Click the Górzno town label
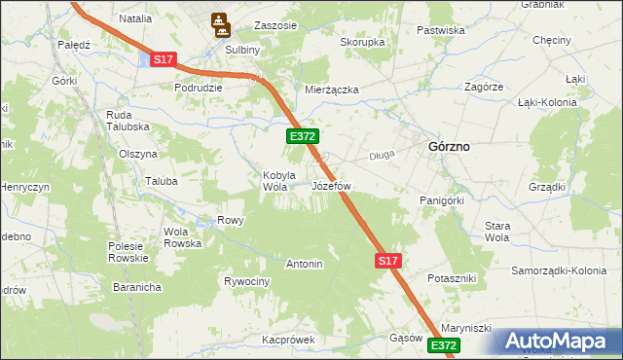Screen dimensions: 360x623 [x=449, y=146]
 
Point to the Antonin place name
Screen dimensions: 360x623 [x=304, y=264]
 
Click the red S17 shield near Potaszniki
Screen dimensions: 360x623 [x=387, y=261]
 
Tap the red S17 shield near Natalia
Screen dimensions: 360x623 [x=163, y=60]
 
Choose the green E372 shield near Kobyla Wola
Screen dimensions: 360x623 [x=300, y=138]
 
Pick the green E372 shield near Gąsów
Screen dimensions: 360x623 [x=444, y=345]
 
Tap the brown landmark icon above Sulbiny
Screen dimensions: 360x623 [x=220, y=20]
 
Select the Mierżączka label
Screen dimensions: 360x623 [x=332, y=90]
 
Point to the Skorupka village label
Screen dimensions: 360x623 [x=362, y=43]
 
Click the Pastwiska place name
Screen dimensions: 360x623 [x=440, y=30]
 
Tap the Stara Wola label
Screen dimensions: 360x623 [x=497, y=231]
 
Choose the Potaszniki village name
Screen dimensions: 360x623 [x=452, y=278]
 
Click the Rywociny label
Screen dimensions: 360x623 [x=246, y=281]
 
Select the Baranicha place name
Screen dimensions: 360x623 [x=135, y=288]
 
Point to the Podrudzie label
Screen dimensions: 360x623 [x=199, y=88]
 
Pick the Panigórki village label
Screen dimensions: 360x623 [x=446, y=199]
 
